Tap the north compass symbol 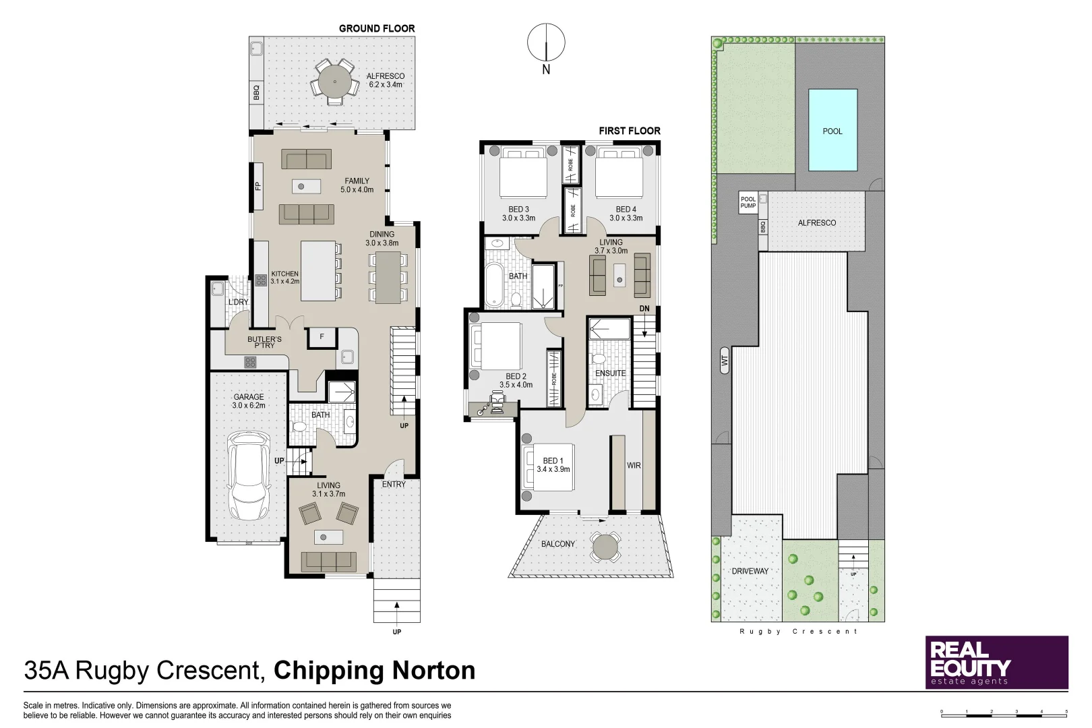[x=546, y=43]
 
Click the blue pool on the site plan [x=832, y=130]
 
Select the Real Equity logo [x=996, y=662]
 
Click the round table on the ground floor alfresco [x=334, y=82]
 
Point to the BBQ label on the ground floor [x=256, y=92]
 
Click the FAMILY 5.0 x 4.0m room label [x=357, y=185]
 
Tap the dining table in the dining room [x=388, y=277]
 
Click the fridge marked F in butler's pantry [x=322, y=337]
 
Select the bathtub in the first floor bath [x=494, y=285]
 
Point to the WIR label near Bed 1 [x=634, y=466]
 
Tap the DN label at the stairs [x=644, y=309]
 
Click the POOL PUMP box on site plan [x=748, y=202]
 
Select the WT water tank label [x=725, y=360]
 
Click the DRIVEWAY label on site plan [x=750, y=571]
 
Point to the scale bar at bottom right [x=1004, y=714]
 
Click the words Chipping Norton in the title [x=374, y=671]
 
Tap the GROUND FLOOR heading [x=377, y=28]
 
